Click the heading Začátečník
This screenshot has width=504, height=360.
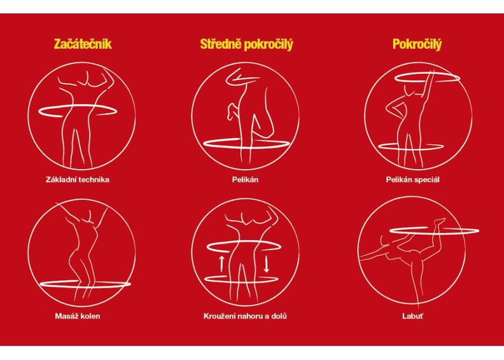point(83,44)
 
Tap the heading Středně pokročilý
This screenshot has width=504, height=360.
point(246,45)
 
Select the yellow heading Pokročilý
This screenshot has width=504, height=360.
point(417,45)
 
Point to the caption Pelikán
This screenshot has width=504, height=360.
point(245,179)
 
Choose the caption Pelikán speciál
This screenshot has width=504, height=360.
point(412,179)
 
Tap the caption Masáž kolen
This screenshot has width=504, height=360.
point(78,316)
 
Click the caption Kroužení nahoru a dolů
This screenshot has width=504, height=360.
point(245,316)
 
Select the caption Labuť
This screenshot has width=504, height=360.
point(413,316)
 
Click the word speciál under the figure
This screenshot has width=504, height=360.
point(426,180)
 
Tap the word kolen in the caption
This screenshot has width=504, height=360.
point(90,316)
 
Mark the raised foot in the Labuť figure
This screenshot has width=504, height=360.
point(439,221)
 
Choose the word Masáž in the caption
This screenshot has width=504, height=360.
point(67,316)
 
